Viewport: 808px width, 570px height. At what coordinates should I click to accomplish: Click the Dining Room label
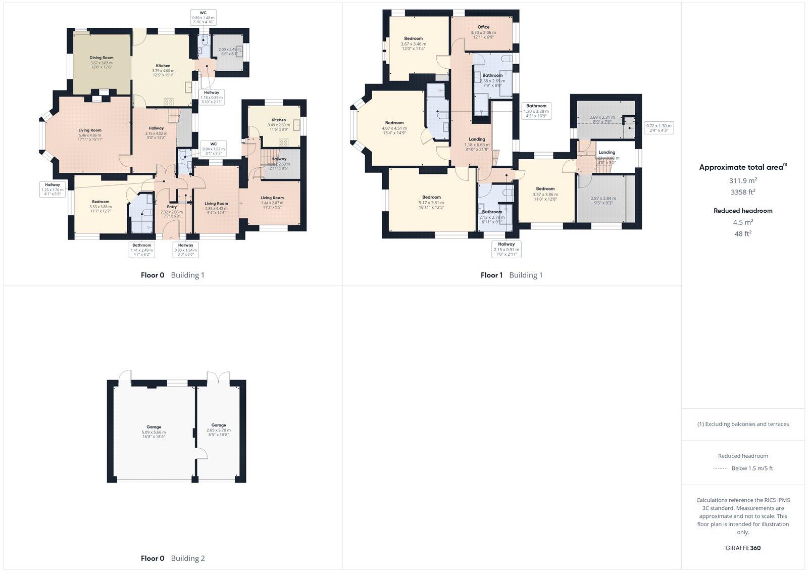[102, 58]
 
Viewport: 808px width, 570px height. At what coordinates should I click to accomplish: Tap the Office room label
[483, 27]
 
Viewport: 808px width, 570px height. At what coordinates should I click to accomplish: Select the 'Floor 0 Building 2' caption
[173, 558]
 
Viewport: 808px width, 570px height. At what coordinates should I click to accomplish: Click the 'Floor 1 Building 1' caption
[512, 275]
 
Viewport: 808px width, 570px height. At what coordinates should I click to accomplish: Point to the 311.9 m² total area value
[743, 180]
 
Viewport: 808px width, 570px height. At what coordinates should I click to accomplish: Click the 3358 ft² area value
[743, 192]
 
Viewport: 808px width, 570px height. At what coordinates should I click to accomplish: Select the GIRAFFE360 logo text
[743, 548]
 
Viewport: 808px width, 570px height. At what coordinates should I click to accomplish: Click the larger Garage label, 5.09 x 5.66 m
[154, 427]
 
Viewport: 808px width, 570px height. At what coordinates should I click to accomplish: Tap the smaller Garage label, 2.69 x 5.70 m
[219, 425]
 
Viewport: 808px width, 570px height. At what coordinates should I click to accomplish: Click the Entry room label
[172, 207]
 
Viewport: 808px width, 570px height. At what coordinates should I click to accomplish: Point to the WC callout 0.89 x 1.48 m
[203, 17]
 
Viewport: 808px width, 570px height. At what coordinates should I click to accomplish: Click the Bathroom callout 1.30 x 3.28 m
[536, 111]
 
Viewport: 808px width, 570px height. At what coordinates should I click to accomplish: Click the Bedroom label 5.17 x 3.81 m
[431, 197]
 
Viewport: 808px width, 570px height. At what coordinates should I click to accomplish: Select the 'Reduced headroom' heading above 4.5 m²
[743, 211]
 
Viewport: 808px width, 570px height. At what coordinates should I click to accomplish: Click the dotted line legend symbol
[720, 468]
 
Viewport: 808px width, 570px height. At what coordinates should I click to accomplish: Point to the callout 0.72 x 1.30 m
[659, 127]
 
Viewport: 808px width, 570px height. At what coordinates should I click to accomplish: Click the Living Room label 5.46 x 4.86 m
[90, 130]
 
